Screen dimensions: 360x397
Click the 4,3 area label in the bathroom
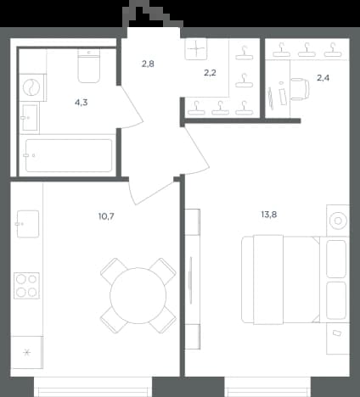(x=82, y=103)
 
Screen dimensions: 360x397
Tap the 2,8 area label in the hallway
(x=148, y=64)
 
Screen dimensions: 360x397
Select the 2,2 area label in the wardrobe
(x=210, y=73)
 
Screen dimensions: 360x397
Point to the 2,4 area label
(x=323, y=77)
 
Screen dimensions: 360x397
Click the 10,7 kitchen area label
(x=106, y=216)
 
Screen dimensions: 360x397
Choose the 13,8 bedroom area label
(x=269, y=215)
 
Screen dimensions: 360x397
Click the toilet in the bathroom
(x=89, y=66)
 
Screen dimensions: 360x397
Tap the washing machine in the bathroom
(x=32, y=87)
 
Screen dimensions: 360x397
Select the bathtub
(x=69, y=155)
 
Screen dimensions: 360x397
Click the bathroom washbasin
(x=30, y=117)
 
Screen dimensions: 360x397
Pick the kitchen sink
(x=27, y=224)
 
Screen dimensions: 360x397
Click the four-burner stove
(x=26, y=286)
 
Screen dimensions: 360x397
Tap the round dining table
(x=138, y=295)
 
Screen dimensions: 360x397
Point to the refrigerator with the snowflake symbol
(x=27, y=352)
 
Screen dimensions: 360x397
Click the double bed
(x=281, y=279)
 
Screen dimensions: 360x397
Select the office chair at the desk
(x=300, y=89)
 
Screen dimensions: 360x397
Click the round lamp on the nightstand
(x=338, y=221)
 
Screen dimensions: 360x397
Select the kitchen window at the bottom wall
(x=93, y=387)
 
